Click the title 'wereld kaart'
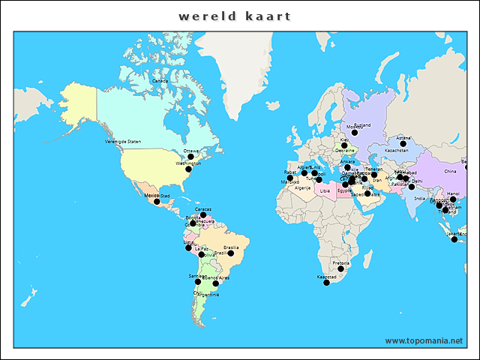(235, 16)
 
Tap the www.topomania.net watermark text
(424, 340)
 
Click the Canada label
(160, 81)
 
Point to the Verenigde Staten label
(123, 141)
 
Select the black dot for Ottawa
(190, 157)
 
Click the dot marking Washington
(188, 169)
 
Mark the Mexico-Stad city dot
(157, 201)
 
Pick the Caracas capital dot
(203, 215)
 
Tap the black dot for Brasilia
(231, 253)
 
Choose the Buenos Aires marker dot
(216, 283)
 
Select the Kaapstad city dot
(326, 283)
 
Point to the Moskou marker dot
(355, 133)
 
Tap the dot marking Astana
(403, 144)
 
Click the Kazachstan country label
(397, 151)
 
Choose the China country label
(450, 172)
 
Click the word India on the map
(420, 199)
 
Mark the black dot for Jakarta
(454, 239)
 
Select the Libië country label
(325, 190)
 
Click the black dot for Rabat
(290, 178)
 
